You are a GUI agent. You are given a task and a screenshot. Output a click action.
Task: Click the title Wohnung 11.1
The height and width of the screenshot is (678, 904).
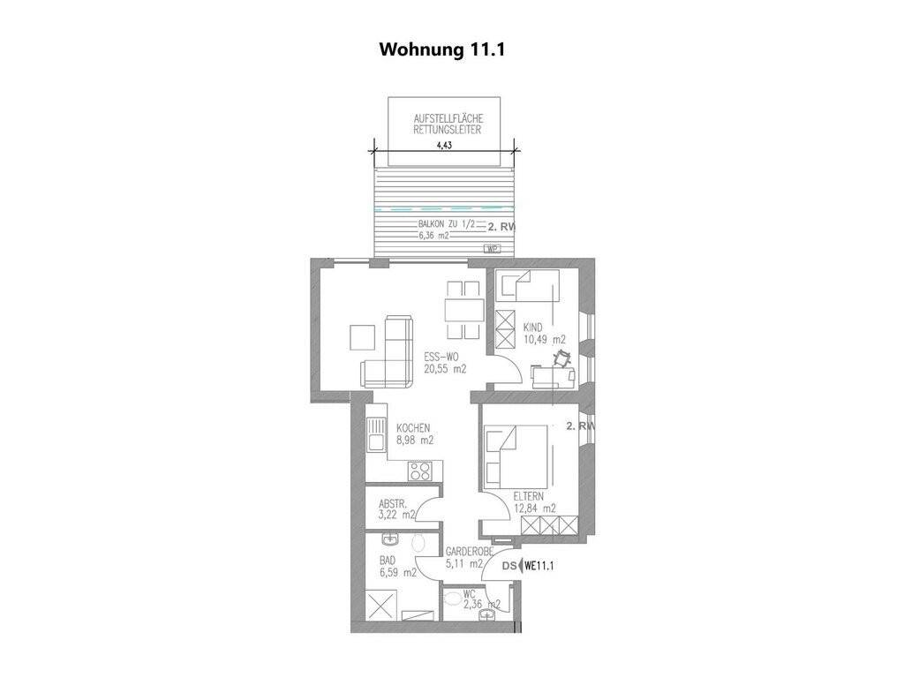click(x=442, y=49)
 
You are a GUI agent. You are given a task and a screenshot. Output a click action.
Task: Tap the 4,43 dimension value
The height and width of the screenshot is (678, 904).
click(x=444, y=146)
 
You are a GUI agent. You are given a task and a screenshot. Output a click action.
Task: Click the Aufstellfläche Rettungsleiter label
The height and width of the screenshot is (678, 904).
click(x=448, y=124)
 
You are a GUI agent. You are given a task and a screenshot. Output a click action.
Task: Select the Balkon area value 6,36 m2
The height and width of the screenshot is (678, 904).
click(x=434, y=235)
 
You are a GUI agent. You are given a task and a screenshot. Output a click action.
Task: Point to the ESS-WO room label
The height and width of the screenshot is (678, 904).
click(x=441, y=357)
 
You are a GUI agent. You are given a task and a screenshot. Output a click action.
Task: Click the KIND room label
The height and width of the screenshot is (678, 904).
click(x=532, y=328)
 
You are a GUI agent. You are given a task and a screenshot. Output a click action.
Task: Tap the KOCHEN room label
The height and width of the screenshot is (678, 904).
click(x=413, y=428)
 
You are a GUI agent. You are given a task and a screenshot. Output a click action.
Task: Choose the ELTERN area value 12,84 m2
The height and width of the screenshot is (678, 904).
click(x=534, y=508)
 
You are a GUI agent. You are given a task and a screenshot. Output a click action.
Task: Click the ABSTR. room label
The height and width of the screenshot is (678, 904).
click(x=393, y=503)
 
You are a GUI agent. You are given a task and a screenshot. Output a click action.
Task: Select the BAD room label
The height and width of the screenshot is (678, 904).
click(x=388, y=561)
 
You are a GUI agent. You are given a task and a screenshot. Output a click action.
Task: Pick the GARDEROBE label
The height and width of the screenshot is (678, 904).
click(x=470, y=552)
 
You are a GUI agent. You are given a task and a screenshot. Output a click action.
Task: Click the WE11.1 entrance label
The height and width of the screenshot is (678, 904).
click(x=539, y=566)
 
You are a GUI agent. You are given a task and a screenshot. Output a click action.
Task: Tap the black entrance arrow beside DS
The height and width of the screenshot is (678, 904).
click(x=521, y=566)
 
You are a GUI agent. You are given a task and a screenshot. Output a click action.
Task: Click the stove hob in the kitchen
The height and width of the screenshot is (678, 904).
click(x=419, y=471)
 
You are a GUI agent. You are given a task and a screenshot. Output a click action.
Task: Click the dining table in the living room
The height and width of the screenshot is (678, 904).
click(x=463, y=310)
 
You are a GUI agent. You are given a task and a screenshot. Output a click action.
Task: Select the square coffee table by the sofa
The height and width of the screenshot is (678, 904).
click(x=363, y=337)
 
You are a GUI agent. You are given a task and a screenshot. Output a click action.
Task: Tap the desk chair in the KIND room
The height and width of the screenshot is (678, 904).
click(x=560, y=359)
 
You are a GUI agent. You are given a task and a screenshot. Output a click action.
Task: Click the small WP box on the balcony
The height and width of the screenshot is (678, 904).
click(x=492, y=249)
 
